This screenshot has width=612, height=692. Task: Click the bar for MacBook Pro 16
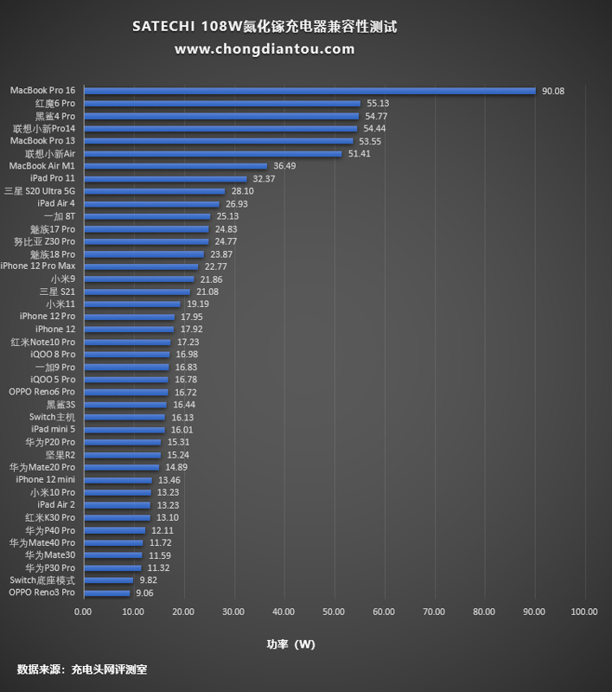[309, 90]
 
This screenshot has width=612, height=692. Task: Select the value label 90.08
[553, 91]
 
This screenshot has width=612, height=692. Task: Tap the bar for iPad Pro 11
[164, 178]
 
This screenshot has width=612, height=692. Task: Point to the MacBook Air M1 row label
[42, 165]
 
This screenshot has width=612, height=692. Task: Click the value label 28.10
[243, 191]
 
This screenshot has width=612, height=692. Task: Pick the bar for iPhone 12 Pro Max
[140, 266]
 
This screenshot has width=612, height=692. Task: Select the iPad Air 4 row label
[56, 203]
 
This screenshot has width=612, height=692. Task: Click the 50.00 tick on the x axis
[334, 612]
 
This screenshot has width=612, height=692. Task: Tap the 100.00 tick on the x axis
[584, 612]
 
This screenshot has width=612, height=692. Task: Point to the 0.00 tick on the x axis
[83, 612]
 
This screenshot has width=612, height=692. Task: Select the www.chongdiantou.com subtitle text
[265, 49]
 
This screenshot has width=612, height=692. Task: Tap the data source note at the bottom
[76, 670]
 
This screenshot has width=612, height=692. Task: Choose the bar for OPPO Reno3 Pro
[106, 593]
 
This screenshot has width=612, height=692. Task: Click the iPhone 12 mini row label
[46, 479]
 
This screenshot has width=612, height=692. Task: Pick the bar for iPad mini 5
[124, 429]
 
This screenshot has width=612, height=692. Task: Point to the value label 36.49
[284, 166]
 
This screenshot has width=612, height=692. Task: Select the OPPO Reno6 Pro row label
[42, 392]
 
